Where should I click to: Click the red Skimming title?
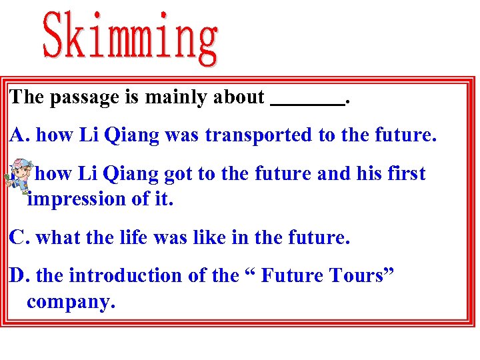pos(131,38)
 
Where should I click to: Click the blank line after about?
pos(308,101)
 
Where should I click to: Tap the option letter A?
pos(18,135)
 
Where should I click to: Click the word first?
pos(403,174)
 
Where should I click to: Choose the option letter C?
pos(18,237)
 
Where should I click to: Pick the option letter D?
pos(18,275)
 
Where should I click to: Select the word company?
pos(71,302)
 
